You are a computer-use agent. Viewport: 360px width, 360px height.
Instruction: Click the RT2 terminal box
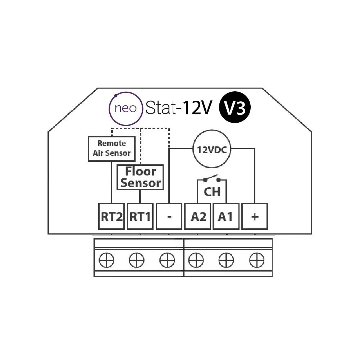coord(111,216)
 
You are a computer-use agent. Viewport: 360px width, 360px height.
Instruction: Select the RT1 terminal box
coord(140,216)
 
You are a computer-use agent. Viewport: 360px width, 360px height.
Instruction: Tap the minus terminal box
coord(169,216)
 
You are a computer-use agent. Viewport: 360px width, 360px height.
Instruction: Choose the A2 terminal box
coord(197,216)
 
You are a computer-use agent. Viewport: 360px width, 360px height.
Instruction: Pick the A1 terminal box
coord(226,216)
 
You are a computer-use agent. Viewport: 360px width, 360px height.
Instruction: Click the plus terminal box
coord(255,216)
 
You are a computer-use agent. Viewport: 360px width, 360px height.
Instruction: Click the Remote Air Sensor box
coord(111,149)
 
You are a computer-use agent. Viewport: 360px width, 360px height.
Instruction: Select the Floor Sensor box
coord(140,177)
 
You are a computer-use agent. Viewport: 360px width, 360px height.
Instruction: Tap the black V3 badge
coord(234,107)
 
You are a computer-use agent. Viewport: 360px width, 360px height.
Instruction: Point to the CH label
coord(212,192)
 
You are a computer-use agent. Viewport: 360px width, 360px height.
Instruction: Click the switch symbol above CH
coord(212,179)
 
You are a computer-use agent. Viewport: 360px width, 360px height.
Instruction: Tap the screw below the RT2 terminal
coord(106,260)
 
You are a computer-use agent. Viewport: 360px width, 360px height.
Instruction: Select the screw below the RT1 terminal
coord(137,260)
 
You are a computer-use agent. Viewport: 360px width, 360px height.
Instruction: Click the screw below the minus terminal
coord(167,260)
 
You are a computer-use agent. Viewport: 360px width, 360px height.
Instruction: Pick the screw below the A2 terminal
coord(196,260)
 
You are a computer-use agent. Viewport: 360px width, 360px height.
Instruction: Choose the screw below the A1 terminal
coord(226,260)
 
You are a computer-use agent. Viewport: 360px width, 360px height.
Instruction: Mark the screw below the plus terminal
coord(257,260)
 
